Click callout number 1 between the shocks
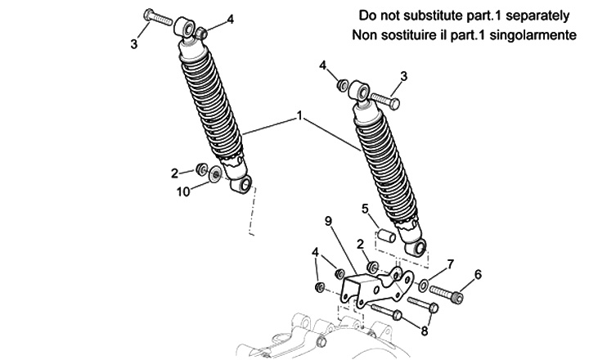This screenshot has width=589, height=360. (x=299, y=118)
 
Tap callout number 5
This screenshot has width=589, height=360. (x=366, y=208)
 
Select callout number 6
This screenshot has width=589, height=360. (x=478, y=273)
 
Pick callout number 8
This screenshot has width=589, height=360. (x=423, y=331)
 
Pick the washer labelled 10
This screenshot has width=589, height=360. (x=215, y=173)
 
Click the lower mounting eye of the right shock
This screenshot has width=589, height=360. (x=420, y=247)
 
